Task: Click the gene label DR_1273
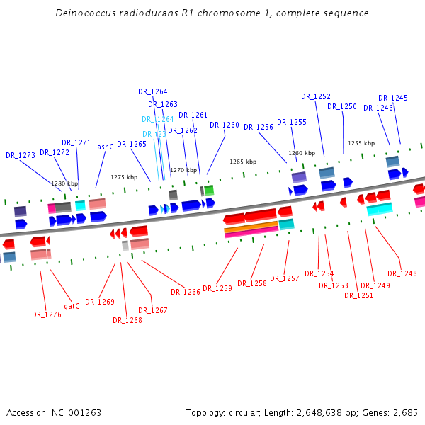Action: pos(21,155)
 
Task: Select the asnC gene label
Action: pos(106,147)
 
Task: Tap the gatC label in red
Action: pos(72,306)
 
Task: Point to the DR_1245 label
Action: pos(393,98)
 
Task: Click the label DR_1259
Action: pos(217,288)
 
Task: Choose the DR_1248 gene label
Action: pos(402,273)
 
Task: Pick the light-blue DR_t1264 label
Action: pos(157,120)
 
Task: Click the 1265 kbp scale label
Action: pos(242,161)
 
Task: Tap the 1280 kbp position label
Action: pos(64,183)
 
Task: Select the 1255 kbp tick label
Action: pos(361,143)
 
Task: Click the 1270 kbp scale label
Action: pos(183,170)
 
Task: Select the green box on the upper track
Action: pos(209,190)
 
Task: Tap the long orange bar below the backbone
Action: pos(251,227)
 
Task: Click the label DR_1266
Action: pos(186,292)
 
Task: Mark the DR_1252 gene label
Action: pos(316,97)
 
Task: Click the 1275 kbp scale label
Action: pos(123,177)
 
